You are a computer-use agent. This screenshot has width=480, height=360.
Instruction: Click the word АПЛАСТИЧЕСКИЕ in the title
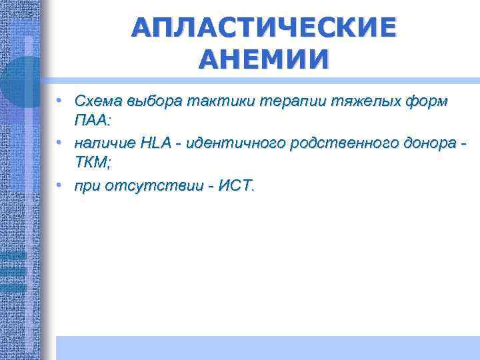point(263,28)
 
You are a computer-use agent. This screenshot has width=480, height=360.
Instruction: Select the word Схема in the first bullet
point(96,102)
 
